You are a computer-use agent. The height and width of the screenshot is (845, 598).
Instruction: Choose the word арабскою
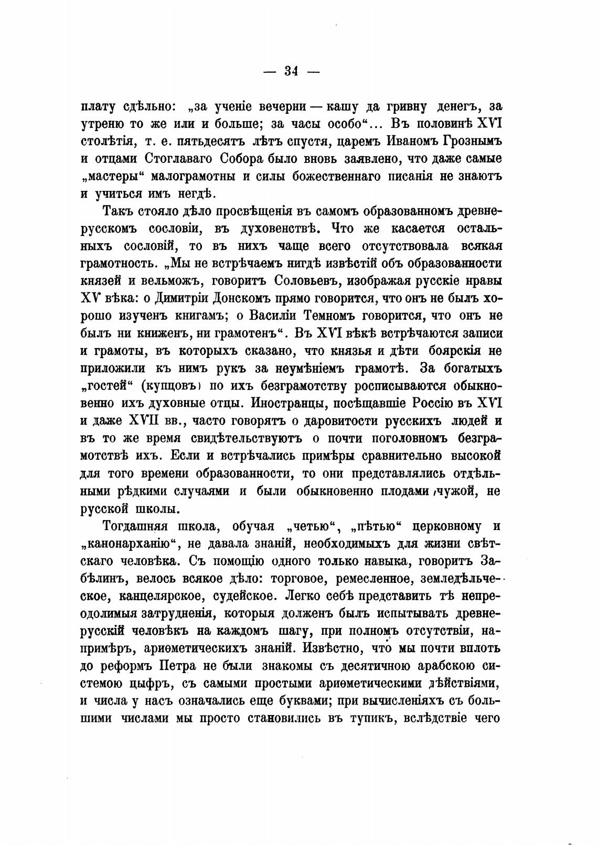coord(432,666)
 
